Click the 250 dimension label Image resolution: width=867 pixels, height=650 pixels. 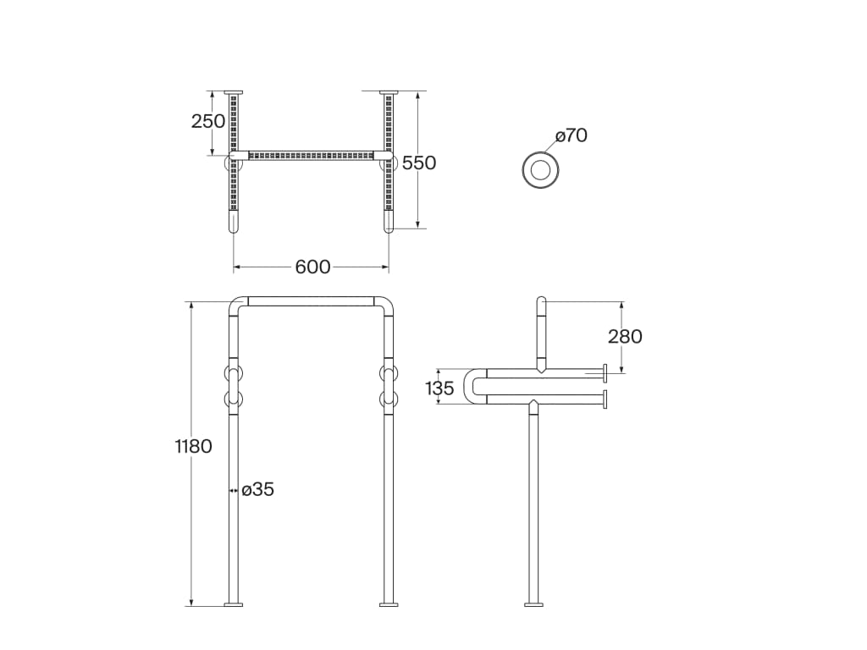pos(208,121)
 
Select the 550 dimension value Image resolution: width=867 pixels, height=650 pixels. pos(419,162)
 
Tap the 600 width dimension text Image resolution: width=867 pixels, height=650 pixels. pos(312,267)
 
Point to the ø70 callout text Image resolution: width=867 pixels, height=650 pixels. pos(572,135)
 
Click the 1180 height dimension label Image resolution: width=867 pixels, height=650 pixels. pos(194,446)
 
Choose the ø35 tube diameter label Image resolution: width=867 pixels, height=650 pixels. pos(257,489)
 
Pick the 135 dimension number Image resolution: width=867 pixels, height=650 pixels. pos(439,388)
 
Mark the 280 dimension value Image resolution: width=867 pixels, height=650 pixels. pos(625,336)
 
